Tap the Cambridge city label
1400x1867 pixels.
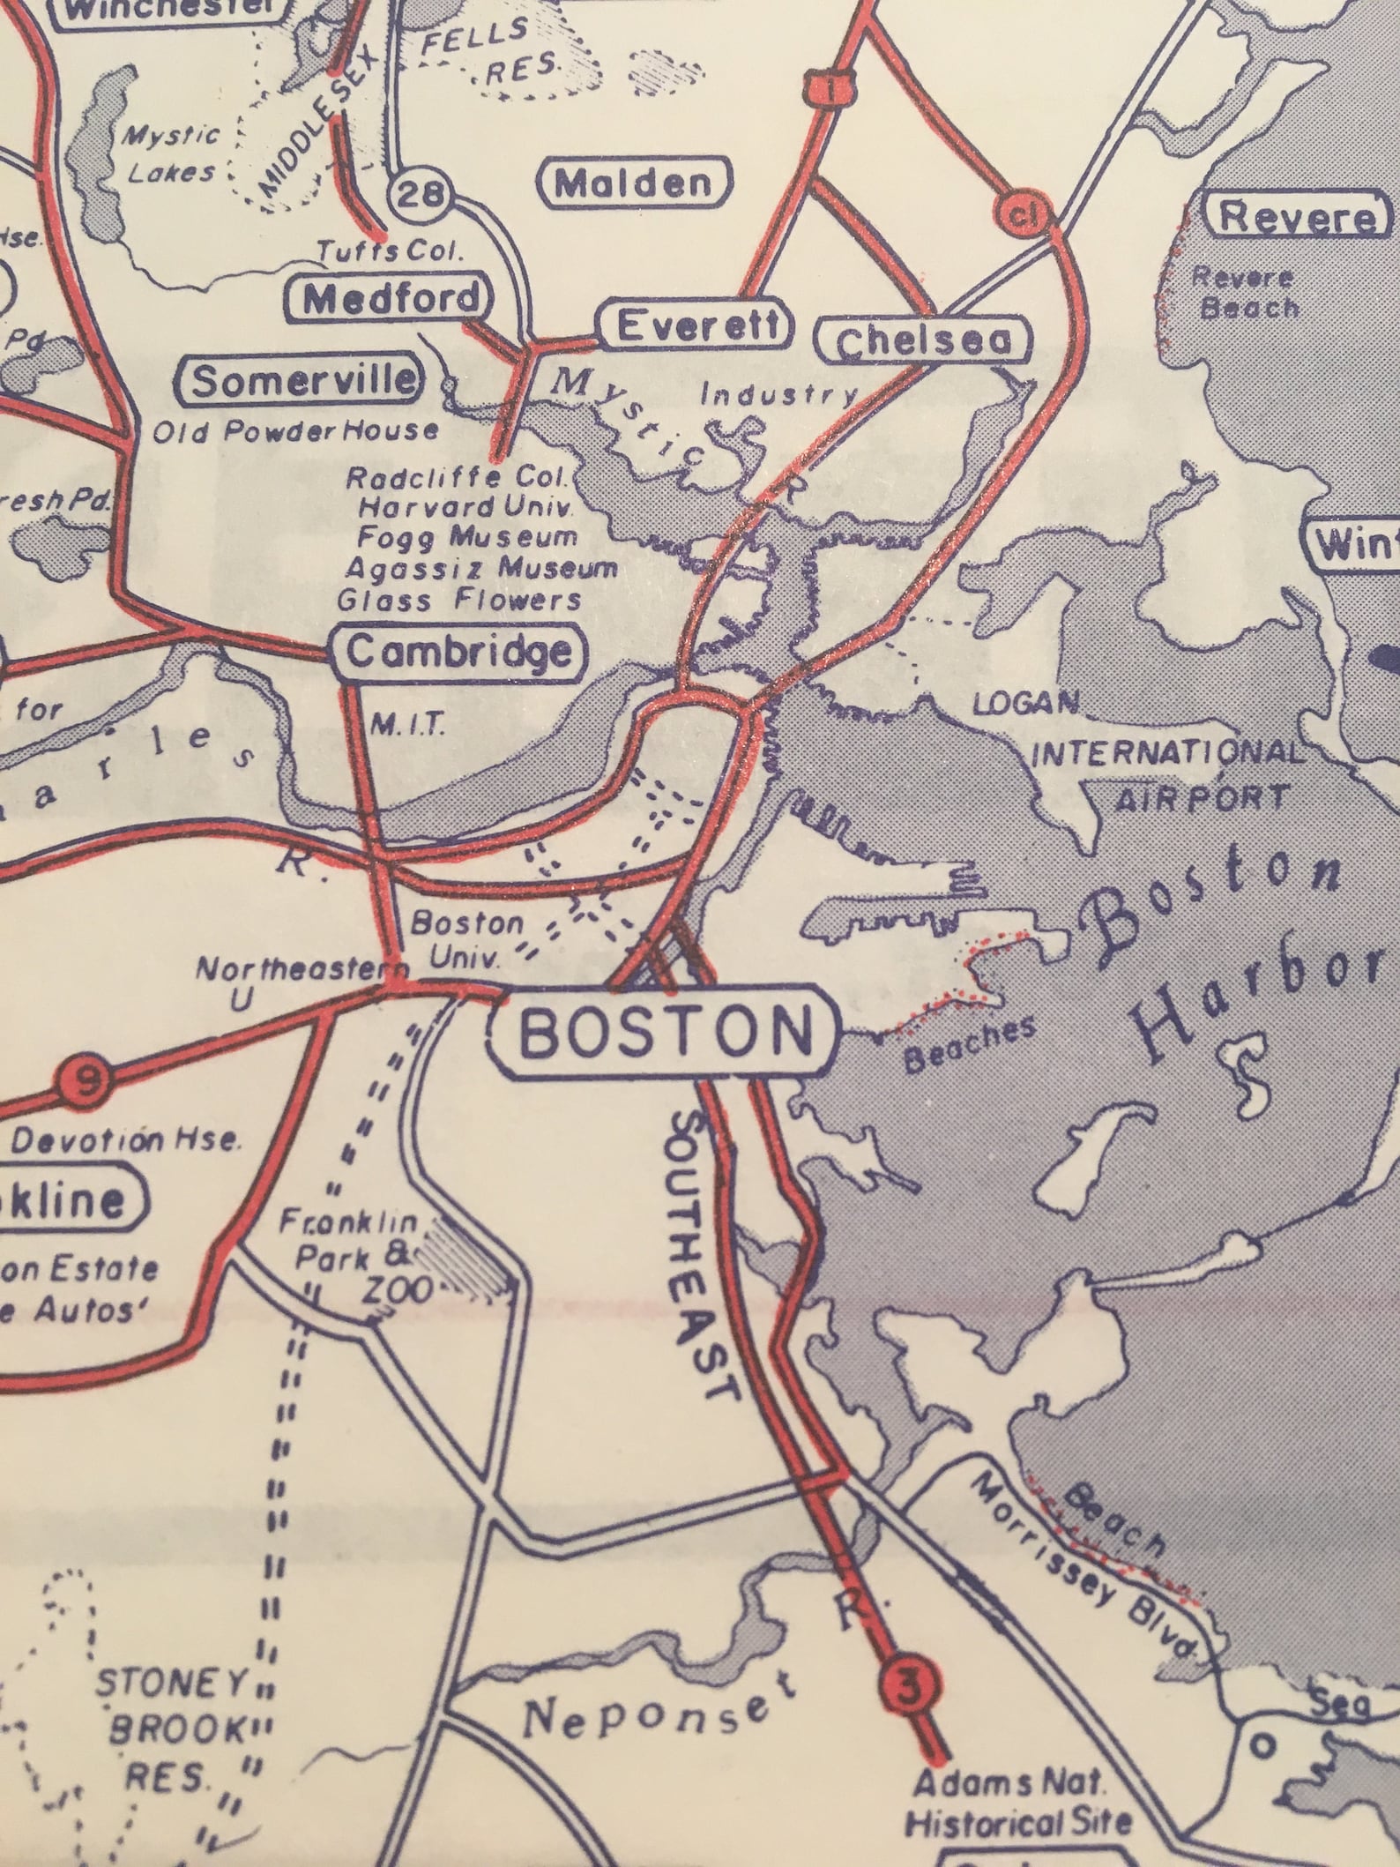point(458,652)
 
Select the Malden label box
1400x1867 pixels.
point(634,183)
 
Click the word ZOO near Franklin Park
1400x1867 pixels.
point(400,1291)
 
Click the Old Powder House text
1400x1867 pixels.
point(294,431)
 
